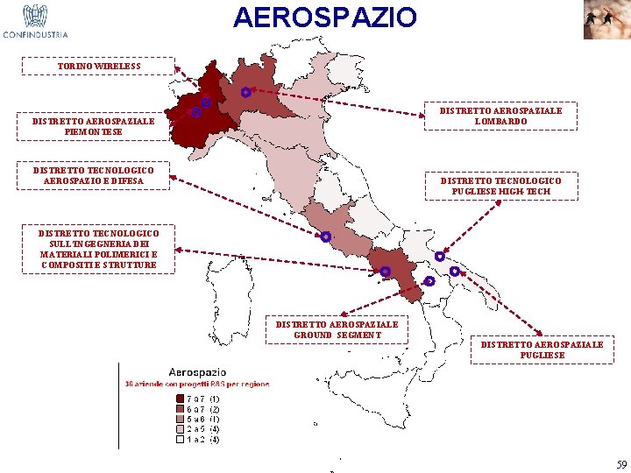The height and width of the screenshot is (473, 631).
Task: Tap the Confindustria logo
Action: click(35, 21)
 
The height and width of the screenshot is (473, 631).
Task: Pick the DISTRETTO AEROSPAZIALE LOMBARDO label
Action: click(500, 116)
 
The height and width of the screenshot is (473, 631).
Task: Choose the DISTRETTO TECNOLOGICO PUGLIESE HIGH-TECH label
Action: click(500, 186)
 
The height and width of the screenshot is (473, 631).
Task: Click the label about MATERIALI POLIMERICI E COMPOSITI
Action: click(98, 249)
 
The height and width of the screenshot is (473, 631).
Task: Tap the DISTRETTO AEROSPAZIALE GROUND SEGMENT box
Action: click(337, 329)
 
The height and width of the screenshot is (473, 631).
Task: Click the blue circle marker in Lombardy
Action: click(246, 92)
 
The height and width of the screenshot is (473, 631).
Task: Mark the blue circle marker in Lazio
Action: click(325, 236)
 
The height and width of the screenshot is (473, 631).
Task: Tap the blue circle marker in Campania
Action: click(386, 272)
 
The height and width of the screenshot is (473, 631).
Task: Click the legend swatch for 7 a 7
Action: click(181, 399)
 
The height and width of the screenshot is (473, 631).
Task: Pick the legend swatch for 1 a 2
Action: click(181, 440)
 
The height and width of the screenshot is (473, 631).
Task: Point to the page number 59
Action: click(621, 464)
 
